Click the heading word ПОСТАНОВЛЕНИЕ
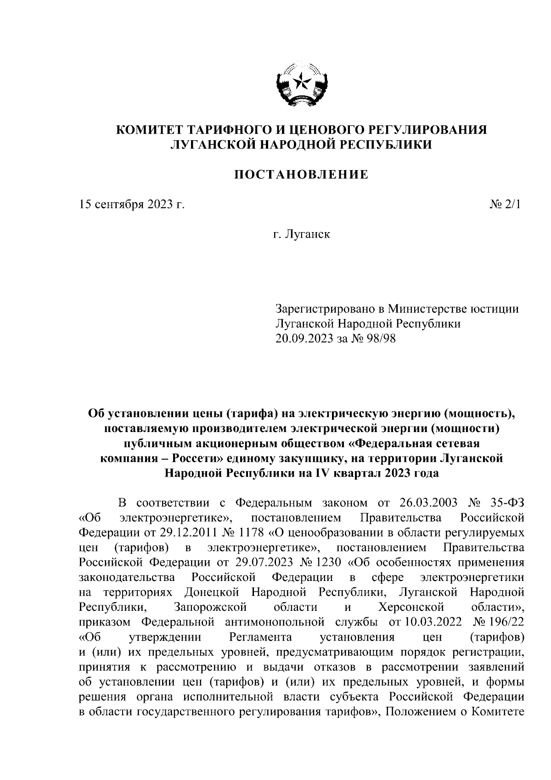(302, 175)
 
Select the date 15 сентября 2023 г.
(132, 205)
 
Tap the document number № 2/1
(506, 205)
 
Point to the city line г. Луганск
(302, 235)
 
